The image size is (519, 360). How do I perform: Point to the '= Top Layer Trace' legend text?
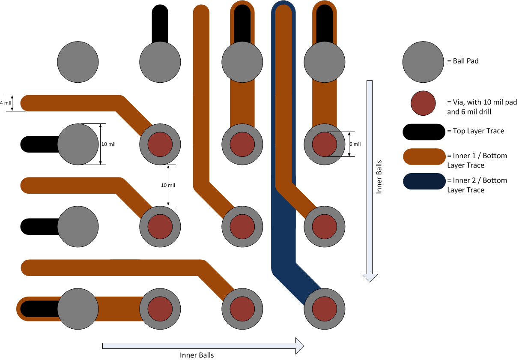tap(475, 131)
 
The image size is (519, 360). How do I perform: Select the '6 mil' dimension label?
tap(355, 144)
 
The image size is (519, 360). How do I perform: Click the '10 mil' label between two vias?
tap(168, 185)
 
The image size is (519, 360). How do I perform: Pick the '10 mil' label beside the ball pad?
tap(108, 144)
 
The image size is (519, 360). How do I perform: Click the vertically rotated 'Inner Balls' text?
tap(379, 177)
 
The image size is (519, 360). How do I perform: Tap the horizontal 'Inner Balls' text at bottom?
tap(197, 355)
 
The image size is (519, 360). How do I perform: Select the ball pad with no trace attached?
tap(78, 62)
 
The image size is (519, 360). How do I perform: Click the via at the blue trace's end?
tap(324, 309)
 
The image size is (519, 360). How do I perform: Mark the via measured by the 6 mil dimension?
tap(324, 144)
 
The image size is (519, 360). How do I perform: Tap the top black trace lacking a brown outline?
tap(160, 24)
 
